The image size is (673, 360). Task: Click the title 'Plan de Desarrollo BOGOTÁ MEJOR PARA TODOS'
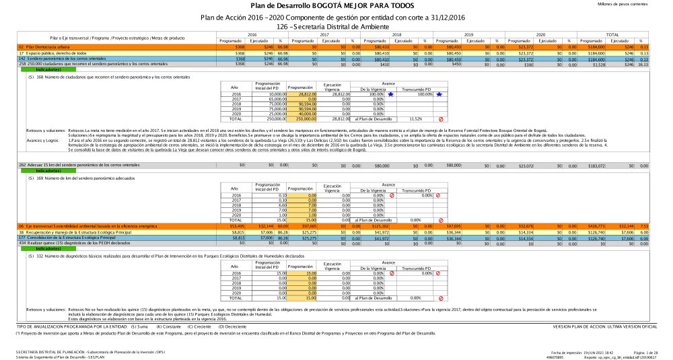click(x=336, y=6)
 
